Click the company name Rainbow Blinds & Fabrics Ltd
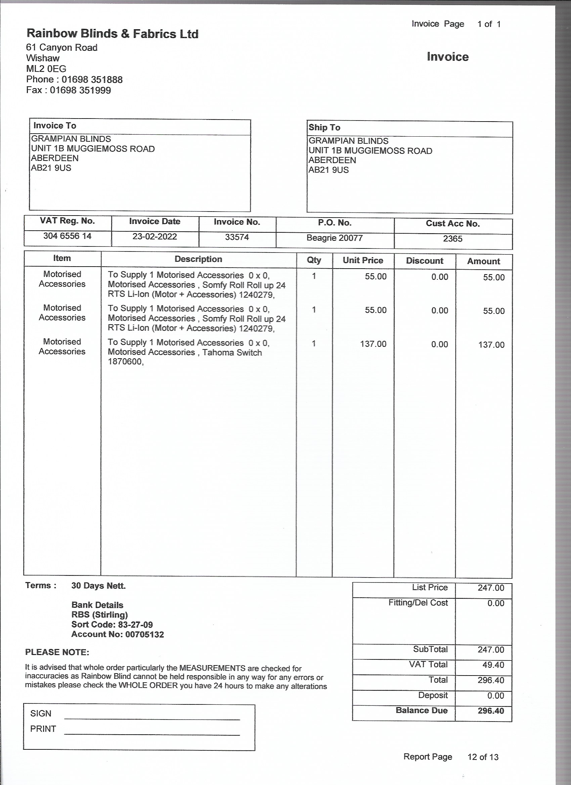[112, 34]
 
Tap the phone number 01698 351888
[92, 80]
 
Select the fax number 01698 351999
[80, 90]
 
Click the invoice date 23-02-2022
[155, 236]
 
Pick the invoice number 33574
[237, 237]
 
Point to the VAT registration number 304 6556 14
[67, 236]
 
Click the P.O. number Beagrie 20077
[335, 238]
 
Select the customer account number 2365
[452, 238]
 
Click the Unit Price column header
[363, 260]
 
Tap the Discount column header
[425, 261]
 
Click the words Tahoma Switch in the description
[232, 352]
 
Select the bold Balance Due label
[422, 710]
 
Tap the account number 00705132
[144, 635]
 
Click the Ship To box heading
[324, 127]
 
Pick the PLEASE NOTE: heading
[57, 652]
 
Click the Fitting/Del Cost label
[418, 603]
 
